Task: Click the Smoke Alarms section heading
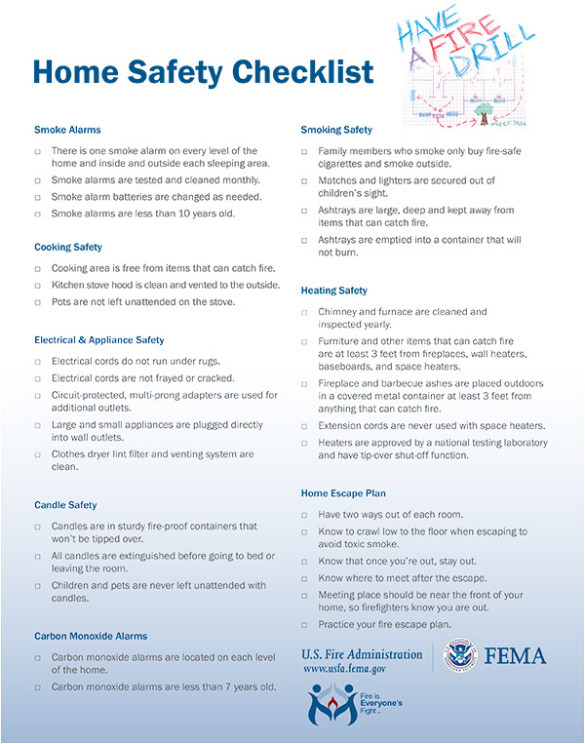(67, 130)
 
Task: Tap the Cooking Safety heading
(68, 247)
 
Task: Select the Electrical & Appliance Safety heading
(99, 340)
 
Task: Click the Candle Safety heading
(65, 505)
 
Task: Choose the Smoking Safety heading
(336, 130)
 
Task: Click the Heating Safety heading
(333, 291)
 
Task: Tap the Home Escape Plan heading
(342, 493)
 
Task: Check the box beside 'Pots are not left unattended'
(38, 302)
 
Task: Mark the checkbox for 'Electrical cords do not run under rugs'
(38, 362)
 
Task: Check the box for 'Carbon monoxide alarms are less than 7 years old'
(38, 687)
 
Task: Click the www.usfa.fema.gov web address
(345, 670)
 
